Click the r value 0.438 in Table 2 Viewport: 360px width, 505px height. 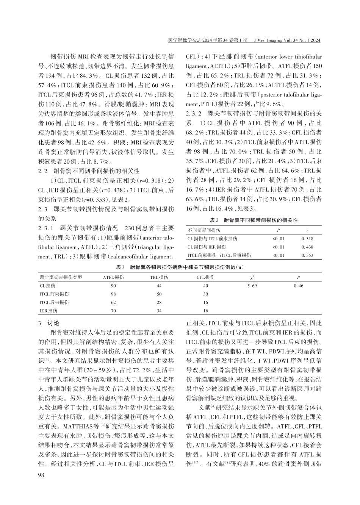[307, 247]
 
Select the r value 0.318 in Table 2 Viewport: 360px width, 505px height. [307, 239]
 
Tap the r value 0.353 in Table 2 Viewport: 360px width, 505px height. [307, 255]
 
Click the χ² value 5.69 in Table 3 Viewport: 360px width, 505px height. [252, 286]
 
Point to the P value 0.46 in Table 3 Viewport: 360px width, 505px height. [299, 286]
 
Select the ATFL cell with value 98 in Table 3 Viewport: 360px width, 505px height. [113, 294]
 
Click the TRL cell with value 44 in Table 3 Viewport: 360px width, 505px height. [159, 286]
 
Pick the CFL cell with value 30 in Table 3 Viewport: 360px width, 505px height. [205, 294]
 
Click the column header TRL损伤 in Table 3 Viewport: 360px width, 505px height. [159, 277]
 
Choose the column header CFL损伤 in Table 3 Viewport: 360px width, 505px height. [205, 277]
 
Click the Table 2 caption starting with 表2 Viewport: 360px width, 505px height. [254, 220]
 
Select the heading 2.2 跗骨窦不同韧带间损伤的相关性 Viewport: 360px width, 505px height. [84, 171]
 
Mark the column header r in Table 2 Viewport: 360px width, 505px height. [307, 230]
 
